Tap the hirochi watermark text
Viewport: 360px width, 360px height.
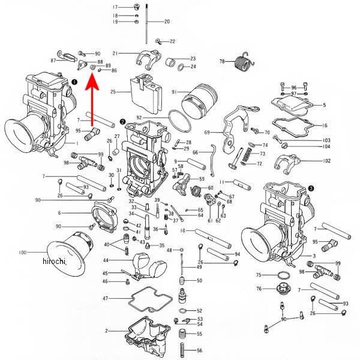[x=54, y=261]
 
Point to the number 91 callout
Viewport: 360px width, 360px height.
[x=174, y=92]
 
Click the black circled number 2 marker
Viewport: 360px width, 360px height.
[x=122, y=121]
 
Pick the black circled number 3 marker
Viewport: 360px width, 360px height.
[x=311, y=188]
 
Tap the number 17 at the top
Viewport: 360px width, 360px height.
[x=115, y=7]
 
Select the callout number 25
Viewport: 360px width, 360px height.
[x=112, y=92]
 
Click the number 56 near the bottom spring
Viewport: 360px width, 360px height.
[x=200, y=350]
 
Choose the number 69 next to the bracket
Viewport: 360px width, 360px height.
[x=207, y=132]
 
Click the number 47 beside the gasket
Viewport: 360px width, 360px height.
[x=105, y=298]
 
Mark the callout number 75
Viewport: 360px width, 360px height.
[x=259, y=275]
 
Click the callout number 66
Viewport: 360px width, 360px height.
[x=195, y=152]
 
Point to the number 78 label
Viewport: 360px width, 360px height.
[x=222, y=61]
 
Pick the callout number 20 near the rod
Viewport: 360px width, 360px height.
[x=166, y=22]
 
